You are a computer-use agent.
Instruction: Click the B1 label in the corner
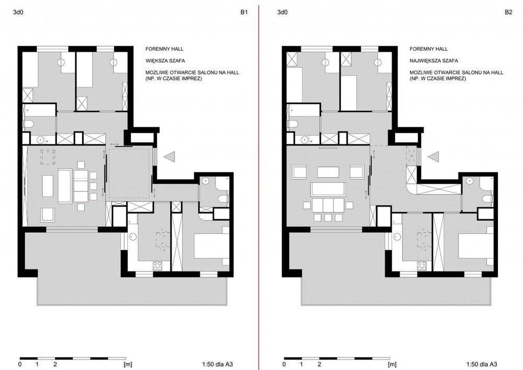click(244, 13)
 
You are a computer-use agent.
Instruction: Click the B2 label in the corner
click(508, 13)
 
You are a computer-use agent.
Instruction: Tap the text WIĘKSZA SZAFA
click(165, 61)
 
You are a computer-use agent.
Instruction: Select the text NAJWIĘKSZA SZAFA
click(434, 61)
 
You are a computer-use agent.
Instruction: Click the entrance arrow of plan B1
click(169, 156)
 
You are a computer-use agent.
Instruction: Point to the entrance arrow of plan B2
click(434, 156)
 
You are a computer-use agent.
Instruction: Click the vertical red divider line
click(258, 185)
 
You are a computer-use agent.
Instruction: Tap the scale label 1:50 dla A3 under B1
click(218, 364)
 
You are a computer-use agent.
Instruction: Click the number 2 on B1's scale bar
click(55, 364)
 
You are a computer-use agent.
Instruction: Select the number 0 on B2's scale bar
click(284, 364)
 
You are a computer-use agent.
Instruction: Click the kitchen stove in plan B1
click(157, 266)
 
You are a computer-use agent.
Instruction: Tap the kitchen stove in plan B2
click(422, 266)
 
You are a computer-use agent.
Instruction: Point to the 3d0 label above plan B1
click(18, 13)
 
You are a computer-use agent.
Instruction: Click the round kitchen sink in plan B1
click(133, 237)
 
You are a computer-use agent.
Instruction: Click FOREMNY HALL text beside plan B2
click(429, 49)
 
